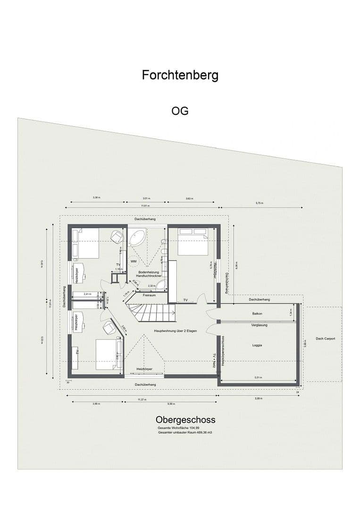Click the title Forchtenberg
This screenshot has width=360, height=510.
180,75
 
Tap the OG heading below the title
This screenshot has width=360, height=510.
180,111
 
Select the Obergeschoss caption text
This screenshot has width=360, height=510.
185,420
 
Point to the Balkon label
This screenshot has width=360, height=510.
257,313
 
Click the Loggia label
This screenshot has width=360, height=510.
257,345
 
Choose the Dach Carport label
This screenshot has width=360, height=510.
326,339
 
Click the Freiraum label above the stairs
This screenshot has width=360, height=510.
149,295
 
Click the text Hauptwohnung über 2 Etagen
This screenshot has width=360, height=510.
175,331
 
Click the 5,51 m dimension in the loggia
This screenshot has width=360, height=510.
258,377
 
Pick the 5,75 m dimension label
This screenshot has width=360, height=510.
259,203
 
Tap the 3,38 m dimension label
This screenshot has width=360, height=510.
96,197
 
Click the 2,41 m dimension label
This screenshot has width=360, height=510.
87,294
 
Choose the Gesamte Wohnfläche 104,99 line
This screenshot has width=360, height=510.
176,428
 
